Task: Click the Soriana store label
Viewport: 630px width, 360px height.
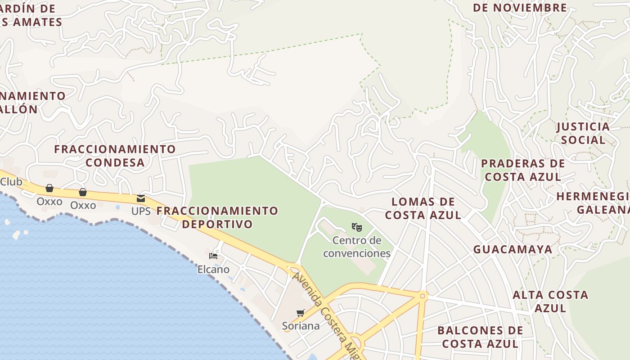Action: (301, 326)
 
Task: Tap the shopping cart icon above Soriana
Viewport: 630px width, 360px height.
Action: (300, 313)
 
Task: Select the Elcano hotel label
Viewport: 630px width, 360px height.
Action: (213, 270)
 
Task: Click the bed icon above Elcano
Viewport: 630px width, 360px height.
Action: (213, 256)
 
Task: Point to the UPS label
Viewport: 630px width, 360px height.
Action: (141, 211)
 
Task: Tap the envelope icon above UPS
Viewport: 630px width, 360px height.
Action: (141, 198)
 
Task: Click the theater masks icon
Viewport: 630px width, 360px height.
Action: (357, 227)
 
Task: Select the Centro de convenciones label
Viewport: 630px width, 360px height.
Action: (357, 247)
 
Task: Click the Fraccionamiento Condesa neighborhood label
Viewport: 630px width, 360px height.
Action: (115, 156)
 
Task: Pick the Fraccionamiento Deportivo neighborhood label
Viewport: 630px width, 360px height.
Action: (217, 217)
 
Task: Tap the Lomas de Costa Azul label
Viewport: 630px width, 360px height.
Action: (423, 208)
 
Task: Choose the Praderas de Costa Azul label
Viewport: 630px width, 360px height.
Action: (523, 170)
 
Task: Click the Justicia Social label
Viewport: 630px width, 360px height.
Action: (583, 133)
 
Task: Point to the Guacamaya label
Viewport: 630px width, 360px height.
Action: (513, 249)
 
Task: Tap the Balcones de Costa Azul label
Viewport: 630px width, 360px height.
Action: (480, 337)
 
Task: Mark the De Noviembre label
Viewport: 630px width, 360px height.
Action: (520, 8)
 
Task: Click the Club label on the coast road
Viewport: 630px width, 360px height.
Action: (11, 182)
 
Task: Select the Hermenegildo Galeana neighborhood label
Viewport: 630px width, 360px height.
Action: (594, 203)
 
